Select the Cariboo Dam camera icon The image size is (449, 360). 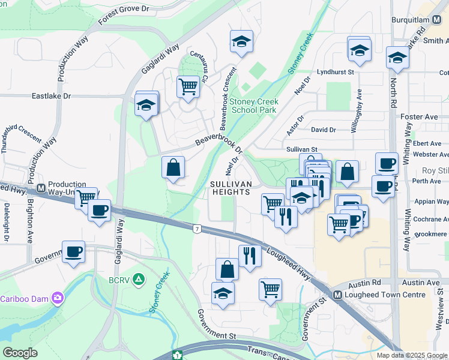[x=58, y=297]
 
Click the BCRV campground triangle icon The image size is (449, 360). [x=139, y=279]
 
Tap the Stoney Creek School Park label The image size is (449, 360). [x=255, y=106]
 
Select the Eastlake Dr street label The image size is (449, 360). [x=51, y=96]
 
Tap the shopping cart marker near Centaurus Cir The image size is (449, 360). [x=188, y=86]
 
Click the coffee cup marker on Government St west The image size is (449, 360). [x=74, y=252]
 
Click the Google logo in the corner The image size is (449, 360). [x=20, y=353]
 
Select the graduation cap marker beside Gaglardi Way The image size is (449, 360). [x=146, y=106]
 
